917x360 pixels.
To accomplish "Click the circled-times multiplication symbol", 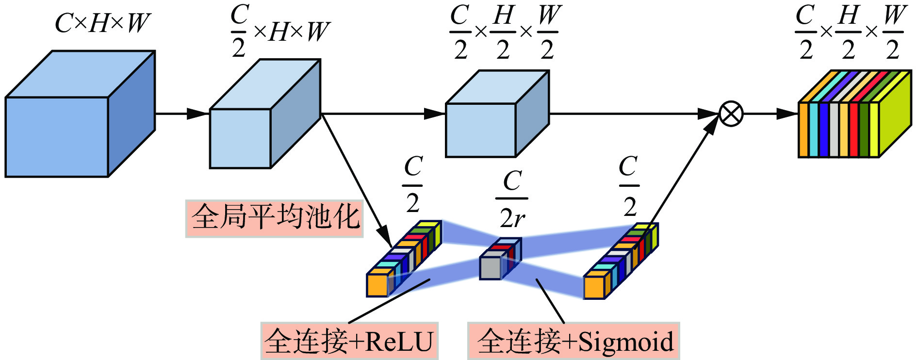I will (x=730, y=114).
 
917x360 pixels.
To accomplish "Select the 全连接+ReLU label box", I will (x=349, y=341).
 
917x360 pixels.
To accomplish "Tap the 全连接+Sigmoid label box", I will (x=573, y=341).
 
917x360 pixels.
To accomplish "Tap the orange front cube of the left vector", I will (x=377, y=285).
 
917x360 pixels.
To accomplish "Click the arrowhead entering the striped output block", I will (x=787, y=114).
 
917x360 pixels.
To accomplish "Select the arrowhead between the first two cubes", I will (x=198, y=114).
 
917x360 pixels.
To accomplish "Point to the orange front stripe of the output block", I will (x=804, y=130).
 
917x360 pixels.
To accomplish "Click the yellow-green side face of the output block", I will (x=895, y=116).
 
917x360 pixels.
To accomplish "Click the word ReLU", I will (x=398, y=342).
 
